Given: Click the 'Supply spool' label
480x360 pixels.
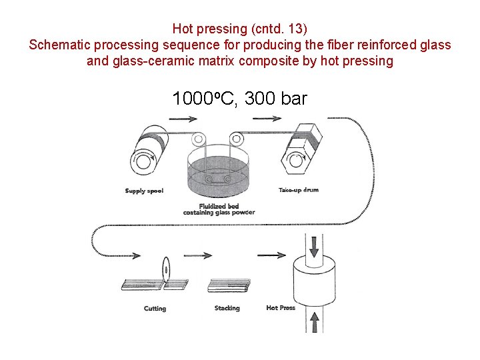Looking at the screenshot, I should pos(144,191).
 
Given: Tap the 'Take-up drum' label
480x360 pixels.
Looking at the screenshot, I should pos(298,190).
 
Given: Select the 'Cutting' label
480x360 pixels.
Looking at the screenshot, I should pos(155,309).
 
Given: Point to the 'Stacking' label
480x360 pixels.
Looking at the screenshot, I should pos(227,309).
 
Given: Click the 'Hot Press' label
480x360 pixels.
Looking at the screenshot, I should pos(280,308).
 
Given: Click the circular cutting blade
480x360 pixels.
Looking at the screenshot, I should pos(165,271).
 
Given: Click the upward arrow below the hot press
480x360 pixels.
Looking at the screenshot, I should pos(315,323).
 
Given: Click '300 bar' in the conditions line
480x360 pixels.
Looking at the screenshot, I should pos(276,99).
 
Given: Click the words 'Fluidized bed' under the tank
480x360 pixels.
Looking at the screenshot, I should pos(219,206).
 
